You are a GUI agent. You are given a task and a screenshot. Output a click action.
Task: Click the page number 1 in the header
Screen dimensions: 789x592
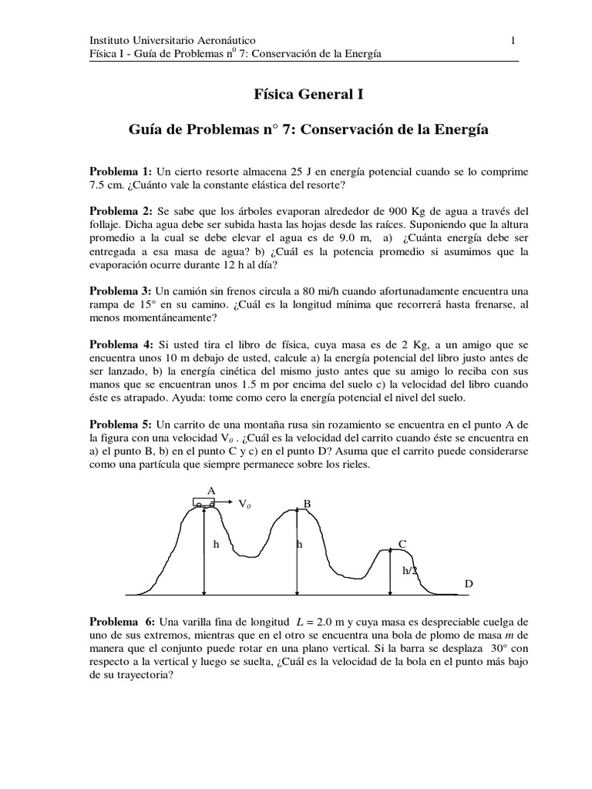point(513,39)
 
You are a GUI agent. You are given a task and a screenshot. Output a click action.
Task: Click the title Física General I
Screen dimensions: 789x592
point(297,95)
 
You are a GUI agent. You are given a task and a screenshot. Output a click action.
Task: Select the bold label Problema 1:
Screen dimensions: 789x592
point(121,170)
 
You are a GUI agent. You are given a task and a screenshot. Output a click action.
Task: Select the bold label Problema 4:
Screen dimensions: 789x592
point(121,344)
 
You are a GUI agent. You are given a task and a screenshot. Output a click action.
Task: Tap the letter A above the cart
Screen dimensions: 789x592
point(210,490)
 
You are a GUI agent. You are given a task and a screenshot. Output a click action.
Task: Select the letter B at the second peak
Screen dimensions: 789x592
point(307,504)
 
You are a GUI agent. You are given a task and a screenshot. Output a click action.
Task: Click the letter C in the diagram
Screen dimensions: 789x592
point(402,544)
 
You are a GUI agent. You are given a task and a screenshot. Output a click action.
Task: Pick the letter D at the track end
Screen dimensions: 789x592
point(468,584)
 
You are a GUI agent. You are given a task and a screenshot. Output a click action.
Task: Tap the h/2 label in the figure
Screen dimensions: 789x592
point(409,571)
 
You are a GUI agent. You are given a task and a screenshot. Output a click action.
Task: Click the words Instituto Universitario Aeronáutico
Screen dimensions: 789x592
point(173,39)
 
